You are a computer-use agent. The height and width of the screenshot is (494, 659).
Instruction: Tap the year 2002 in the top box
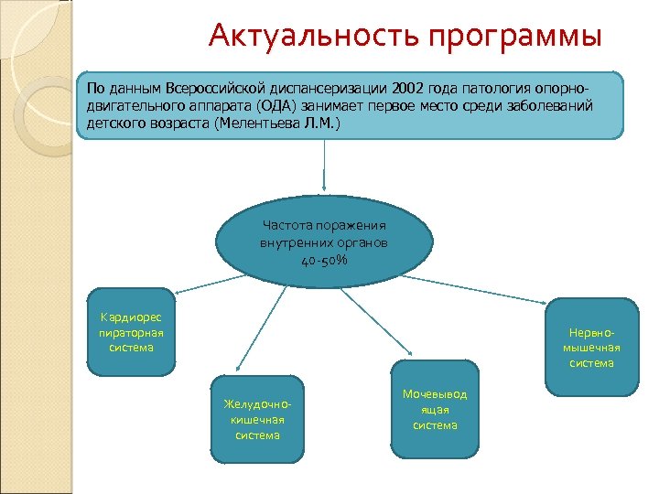(405, 90)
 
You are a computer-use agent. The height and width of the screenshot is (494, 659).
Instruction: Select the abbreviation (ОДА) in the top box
(268, 106)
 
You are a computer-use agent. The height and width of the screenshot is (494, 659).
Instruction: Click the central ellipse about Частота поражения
(324, 242)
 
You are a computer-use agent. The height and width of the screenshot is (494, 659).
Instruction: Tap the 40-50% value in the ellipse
(324, 260)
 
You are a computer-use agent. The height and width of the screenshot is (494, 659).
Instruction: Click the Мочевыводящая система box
(435, 409)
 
